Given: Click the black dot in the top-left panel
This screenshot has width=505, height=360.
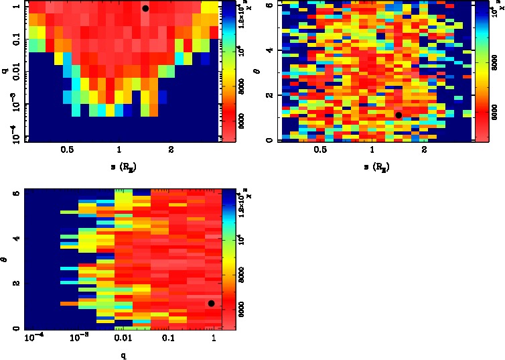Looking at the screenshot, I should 145,9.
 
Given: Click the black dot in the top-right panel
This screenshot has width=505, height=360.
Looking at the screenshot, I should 399,115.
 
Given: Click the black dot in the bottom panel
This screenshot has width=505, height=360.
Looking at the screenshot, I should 212,304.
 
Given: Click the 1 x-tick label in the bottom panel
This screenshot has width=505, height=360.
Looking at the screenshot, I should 214,339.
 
